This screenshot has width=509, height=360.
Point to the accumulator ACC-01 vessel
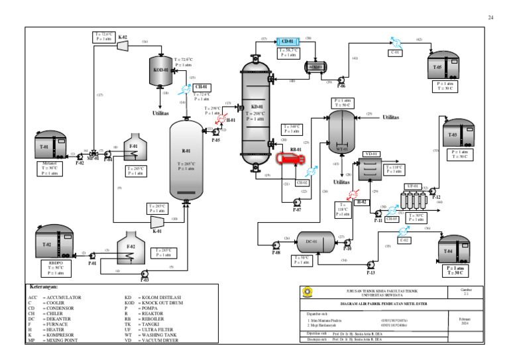tap(315, 66)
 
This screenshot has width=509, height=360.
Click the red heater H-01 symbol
tap(231, 120)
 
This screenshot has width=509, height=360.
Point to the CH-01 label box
tap(201, 87)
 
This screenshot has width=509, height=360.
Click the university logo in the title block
tap(306, 292)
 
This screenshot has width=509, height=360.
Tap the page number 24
tap(490, 17)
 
